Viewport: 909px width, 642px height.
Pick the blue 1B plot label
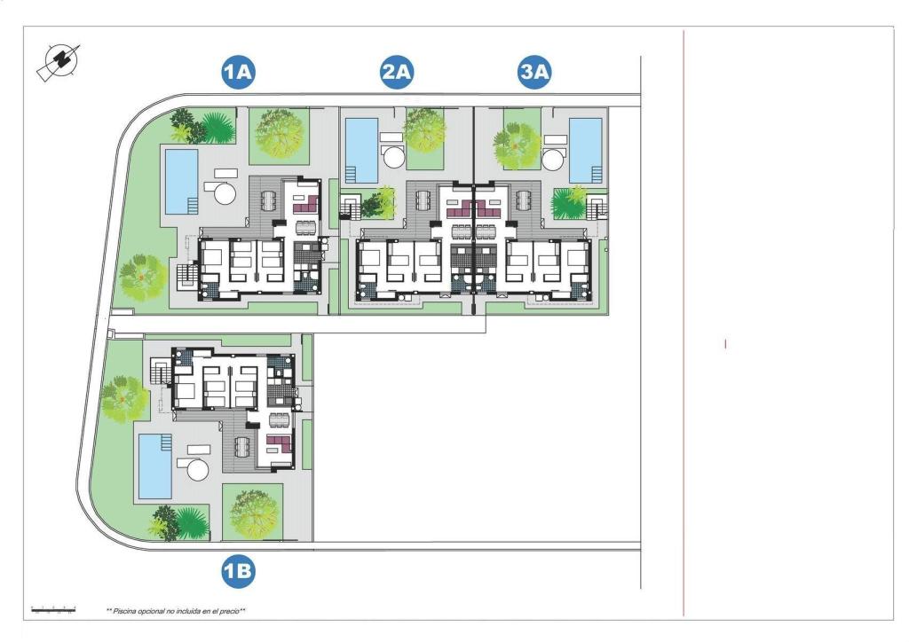click(238, 572)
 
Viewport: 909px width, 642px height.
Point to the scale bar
click(53, 609)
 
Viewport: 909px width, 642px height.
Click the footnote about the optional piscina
click(176, 611)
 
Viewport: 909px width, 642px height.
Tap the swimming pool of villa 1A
click(181, 181)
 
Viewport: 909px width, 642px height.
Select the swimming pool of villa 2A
click(360, 149)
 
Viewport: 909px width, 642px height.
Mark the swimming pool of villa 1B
click(154, 466)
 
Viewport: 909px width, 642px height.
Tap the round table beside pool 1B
click(196, 468)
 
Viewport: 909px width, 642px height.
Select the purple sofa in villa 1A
click(306, 204)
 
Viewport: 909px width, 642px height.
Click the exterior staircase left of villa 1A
click(186, 276)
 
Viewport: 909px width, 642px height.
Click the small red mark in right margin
click(725, 343)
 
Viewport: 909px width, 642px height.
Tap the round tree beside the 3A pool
click(518, 145)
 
